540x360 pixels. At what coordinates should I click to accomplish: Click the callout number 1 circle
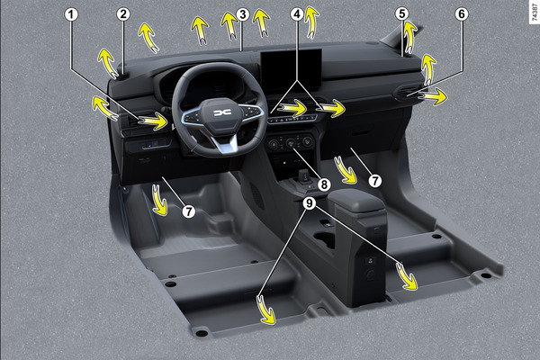71,14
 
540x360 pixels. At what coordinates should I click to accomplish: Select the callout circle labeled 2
123,14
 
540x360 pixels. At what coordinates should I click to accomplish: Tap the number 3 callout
243,14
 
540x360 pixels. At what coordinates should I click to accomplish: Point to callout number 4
297,14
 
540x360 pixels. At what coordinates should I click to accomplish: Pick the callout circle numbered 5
402,14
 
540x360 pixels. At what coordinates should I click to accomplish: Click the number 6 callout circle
462,14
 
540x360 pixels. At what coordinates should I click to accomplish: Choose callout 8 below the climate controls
324,185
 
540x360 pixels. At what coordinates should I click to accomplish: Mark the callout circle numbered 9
310,203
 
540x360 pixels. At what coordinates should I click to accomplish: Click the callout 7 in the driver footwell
189,211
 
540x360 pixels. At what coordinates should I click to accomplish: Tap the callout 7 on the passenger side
375,181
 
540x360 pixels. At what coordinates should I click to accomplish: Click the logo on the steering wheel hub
222,112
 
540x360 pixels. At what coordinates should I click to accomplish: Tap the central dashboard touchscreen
291,70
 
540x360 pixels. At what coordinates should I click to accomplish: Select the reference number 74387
534,12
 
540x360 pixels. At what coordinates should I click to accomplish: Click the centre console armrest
356,200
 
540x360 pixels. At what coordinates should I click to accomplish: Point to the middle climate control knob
291,142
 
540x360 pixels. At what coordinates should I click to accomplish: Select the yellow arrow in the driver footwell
159,200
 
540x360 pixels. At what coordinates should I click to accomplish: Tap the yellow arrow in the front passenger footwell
346,170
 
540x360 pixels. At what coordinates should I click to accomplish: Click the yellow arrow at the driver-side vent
153,121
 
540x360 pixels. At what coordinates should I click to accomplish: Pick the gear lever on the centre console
304,176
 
